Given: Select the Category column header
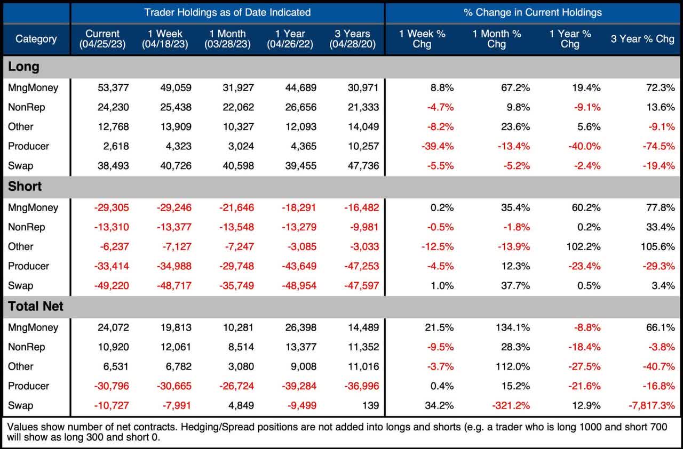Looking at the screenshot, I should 36,39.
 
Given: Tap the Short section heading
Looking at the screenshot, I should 25,187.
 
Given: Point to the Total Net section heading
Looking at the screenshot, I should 36,307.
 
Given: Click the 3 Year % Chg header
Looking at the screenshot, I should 642,39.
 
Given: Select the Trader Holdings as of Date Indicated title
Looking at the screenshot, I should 227,12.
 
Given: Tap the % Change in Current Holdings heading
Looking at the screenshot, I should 533,12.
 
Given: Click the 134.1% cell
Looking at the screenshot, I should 513,327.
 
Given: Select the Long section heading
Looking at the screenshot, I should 23,67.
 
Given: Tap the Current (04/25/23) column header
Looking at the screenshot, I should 102,39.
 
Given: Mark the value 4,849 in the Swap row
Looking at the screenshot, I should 241,406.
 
